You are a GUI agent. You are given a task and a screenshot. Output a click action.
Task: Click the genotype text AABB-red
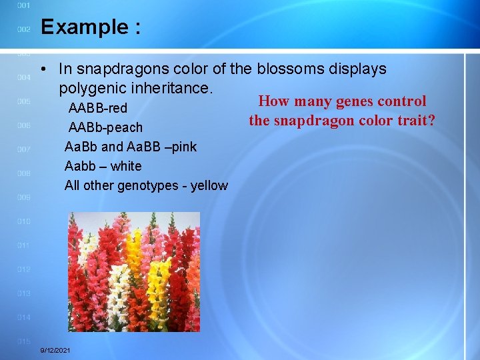coord(98,108)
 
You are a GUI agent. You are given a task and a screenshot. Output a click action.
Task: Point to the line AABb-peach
coord(105,127)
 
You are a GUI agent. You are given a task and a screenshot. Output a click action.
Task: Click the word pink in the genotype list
coord(183,147)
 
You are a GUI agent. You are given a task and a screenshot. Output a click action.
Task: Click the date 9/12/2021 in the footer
coord(56,350)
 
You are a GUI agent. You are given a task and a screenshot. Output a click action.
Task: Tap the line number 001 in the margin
coord(23,5)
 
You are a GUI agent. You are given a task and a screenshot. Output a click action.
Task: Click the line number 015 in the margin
coord(23,341)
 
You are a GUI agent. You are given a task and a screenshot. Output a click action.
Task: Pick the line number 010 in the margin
coord(23,221)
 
